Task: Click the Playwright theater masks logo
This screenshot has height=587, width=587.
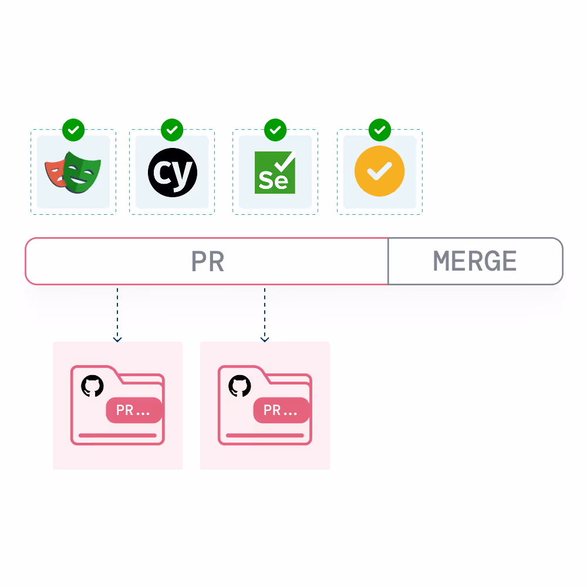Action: pyautogui.click(x=73, y=172)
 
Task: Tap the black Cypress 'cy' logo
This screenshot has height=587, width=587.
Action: pyautogui.click(x=172, y=172)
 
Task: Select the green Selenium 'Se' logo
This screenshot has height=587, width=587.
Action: pyautogui.click(x=275, y=172)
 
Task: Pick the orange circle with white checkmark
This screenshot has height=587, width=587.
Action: pyautogui.click(x=380, y=171)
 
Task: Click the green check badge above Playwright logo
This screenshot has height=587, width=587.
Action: pyautogui.click(x=73, y=130)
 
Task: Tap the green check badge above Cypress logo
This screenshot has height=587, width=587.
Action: pyautogui.click(x=172, y=130)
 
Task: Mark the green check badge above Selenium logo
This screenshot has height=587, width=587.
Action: pyautogui.click(x=275, y=130)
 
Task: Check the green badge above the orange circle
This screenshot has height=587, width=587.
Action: pyautogui.click(x=380, y=130)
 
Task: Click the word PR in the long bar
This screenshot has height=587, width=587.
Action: pyautogui.click(x=208, y=262)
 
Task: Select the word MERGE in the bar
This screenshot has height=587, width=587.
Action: pyautogui.click(x=475, y=261)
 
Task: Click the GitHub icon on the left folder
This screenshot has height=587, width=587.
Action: pyautogui.click(x=92, y=386)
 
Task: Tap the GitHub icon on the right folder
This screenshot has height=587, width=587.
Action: pyautogui.click(x=239, y=386)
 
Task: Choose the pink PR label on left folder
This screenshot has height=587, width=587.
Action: pyautogui.click(x=133, y=410)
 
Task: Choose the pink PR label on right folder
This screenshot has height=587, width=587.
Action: pyautogui.click(x=281, y=410)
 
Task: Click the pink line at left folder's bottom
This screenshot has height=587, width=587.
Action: pyautogui.click(x=117, y=436)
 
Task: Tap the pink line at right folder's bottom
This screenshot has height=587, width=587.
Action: pyautogui.click(x=265, y=436)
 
